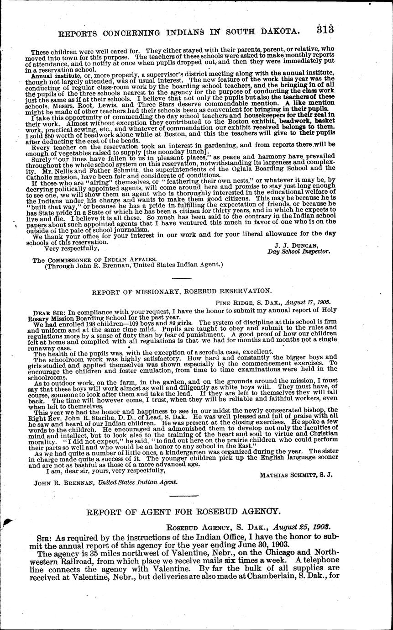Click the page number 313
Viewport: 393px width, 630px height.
tap(324, 29)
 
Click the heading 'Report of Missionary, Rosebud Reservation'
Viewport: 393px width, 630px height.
tap(182, 290)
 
